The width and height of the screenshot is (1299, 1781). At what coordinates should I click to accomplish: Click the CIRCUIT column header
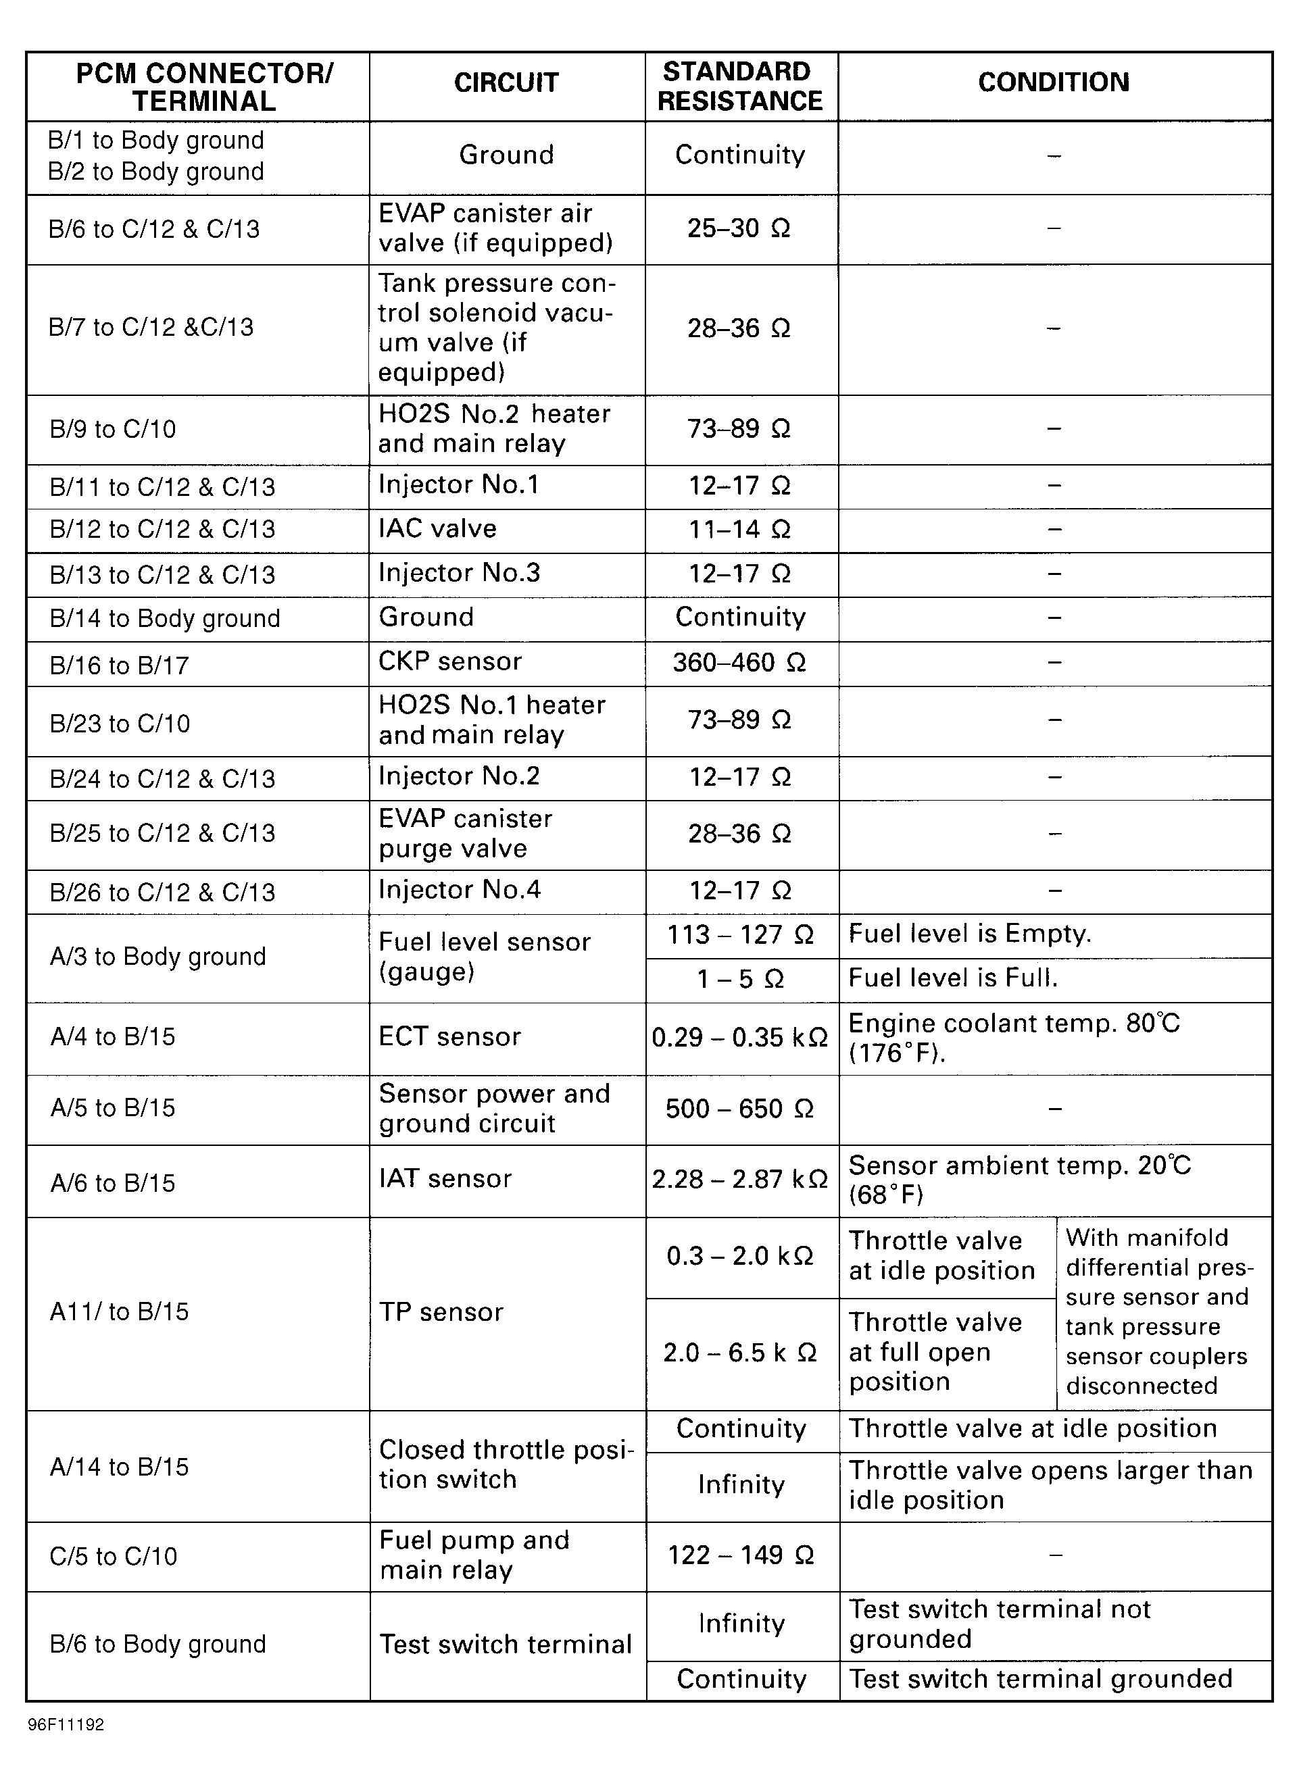coord(506,82)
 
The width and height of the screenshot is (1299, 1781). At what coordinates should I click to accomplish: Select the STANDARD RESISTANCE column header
coord(740,86)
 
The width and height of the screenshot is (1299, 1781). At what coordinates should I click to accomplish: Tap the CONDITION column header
coord(1053,82)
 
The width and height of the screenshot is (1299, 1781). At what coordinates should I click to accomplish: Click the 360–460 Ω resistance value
coord(739,663)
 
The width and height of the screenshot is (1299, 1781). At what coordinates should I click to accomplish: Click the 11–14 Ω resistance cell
coord(739,529)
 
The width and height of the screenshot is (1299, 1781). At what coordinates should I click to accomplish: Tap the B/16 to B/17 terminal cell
coord(120,665)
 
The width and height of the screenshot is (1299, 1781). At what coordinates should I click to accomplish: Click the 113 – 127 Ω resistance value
coord(740,934)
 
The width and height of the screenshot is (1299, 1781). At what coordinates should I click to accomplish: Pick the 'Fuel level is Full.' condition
coord(953,978)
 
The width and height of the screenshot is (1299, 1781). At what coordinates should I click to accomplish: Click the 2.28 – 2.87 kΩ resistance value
coord(740,1179)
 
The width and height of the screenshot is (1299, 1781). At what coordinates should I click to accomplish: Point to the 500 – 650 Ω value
coord(740,1108)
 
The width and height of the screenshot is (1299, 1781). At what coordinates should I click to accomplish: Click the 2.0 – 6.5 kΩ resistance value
coord(740,1353)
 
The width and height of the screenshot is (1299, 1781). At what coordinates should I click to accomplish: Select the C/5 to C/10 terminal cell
coord(114,1555)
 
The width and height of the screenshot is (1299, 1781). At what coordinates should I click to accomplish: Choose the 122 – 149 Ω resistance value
coord(740,1555)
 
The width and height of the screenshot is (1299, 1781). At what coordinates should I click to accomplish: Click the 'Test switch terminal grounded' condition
coord(1040,1678)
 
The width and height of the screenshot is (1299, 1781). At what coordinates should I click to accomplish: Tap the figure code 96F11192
coord(66,1725)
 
